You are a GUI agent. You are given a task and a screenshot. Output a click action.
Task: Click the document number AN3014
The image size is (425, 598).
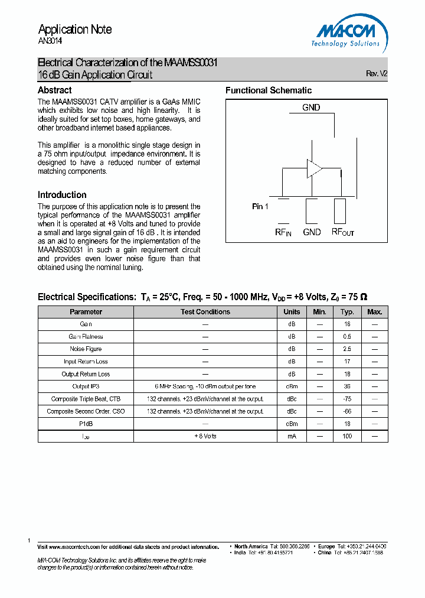(50, 41)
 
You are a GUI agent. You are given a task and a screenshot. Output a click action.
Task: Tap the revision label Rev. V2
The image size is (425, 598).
(377, 74)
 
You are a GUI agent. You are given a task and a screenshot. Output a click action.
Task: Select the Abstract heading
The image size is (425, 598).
(55, 90)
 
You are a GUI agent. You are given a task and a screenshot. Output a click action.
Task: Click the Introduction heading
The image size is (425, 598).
(62, 194)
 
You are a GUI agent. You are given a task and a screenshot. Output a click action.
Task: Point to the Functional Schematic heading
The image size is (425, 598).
(269, 90)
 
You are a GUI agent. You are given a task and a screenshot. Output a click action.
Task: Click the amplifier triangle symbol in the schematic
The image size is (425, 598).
(313, 168)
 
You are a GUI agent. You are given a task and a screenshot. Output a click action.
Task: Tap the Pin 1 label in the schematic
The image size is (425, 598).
(260, 206)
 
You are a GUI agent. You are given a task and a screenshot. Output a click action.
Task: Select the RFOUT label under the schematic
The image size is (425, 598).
(342, 232)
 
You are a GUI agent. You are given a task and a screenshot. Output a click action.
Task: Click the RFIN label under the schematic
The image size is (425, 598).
(283, 232)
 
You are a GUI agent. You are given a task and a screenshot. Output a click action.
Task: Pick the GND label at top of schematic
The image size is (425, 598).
(311, 108)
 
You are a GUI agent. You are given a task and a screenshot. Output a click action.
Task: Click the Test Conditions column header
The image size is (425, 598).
(205, 311)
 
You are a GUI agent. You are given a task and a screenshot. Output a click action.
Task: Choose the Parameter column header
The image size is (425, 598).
(86, 311)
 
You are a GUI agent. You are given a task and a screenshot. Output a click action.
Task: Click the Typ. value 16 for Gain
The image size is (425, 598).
(347, 324)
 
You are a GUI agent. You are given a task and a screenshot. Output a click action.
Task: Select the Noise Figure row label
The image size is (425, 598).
(86, 349)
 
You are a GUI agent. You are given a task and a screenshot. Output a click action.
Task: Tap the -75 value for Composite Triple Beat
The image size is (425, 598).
(347, 399)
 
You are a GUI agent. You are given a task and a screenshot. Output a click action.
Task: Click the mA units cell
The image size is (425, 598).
(292, 436)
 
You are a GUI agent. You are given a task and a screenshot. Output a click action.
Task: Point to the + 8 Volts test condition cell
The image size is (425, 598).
(205, 436)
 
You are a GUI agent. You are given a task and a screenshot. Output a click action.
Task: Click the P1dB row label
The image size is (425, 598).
(86, 424)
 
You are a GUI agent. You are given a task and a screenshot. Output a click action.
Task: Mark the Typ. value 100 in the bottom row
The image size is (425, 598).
(347, 436)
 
